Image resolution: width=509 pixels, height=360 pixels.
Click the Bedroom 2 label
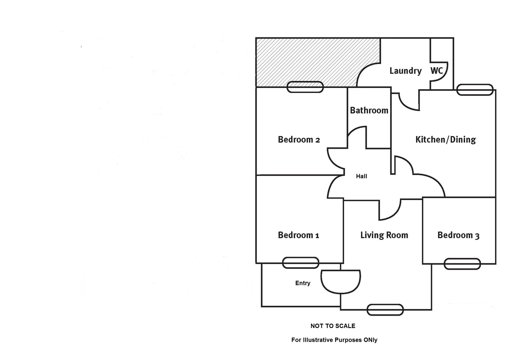pyautogui.click(x=299, y=139)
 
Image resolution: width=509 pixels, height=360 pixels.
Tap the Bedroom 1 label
pyautogui.click(x=298, y=235)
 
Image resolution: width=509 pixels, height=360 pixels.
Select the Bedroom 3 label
pyautogui.click(x=458, y=235)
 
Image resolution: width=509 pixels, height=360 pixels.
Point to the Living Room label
pyautogui.click(x=384, y=235)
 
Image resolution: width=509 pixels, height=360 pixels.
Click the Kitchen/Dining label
pyautogui.click(x=445, y=139)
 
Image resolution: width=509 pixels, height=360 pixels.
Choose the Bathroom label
pyautogui.click(x=369, y=110)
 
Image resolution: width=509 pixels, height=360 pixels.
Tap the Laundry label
pyautogui.click(x=405, y=71)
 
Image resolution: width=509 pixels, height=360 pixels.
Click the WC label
pyautogui.click(x=437, y=70)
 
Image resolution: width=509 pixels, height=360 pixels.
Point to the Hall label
pyautogui.click(x=361, y=176)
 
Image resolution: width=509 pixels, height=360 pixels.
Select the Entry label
pyautogui.click(x=303, y=283)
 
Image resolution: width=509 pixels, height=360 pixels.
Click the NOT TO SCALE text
pyautogui.click(x=333, y=326)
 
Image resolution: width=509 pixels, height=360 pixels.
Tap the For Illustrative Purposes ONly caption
pyautogui.click(x=334, y=340)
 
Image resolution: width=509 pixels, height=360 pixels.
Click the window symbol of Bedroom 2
pyautogui.click(x=305, y=87)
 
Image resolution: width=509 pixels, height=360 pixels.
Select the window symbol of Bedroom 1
pyautogui.click(x=300, y=263)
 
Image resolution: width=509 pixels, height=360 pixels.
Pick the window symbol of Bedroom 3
pyautogui.click(x=462, y=264)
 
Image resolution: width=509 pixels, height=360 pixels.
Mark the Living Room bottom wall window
pyautogui.click(x=385, y=310)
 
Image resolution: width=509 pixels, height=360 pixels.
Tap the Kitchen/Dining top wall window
pyautogui.click(x=474, y=90)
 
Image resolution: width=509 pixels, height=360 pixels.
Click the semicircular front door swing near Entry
pyautogui.click(x=341, y=281)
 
